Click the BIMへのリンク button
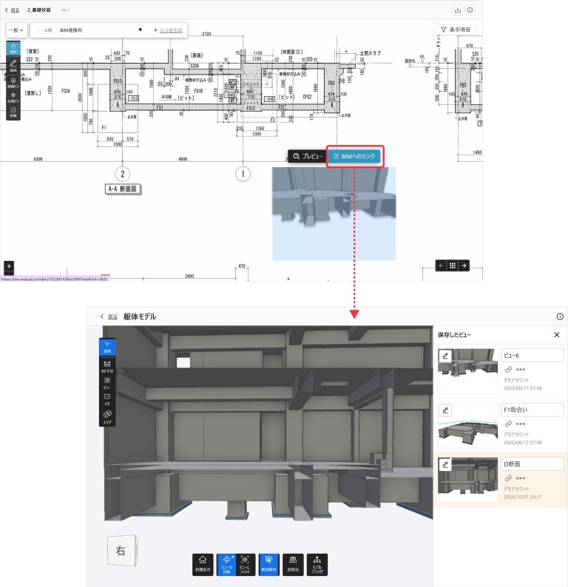[355, 156]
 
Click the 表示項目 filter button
[456, 30]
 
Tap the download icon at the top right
[457, 10]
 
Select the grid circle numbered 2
[125, 174]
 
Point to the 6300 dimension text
[33, 159]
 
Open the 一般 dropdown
[17, 30]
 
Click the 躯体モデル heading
[140, 316]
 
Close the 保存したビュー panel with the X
[557, 335]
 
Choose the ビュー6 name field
[532, 355]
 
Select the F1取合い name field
[532, 409]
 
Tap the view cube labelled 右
[120, 549]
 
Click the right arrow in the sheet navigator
[464, 265]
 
